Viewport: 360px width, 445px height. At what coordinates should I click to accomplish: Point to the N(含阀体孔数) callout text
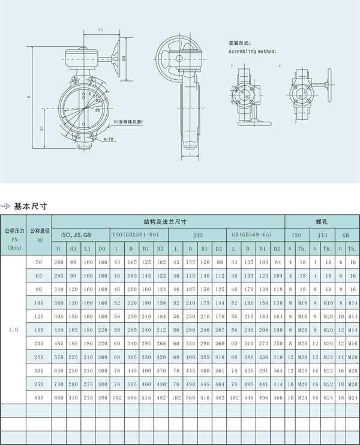tap(130, 122)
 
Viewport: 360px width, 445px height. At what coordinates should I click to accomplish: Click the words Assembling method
tap(253, 52)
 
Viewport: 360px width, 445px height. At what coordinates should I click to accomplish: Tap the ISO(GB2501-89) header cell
tap(137, 234)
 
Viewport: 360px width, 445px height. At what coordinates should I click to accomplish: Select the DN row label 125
tap(40, 315)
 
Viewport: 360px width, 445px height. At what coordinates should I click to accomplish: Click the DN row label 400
tap(40, 398)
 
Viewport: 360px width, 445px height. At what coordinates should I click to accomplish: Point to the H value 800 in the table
tap(58, 398)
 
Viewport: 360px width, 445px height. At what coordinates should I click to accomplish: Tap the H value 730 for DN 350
tap(58, 384)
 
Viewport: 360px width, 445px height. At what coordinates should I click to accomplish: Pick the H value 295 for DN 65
tap(58, 276)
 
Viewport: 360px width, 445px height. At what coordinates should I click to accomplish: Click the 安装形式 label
tap(239, 44)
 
